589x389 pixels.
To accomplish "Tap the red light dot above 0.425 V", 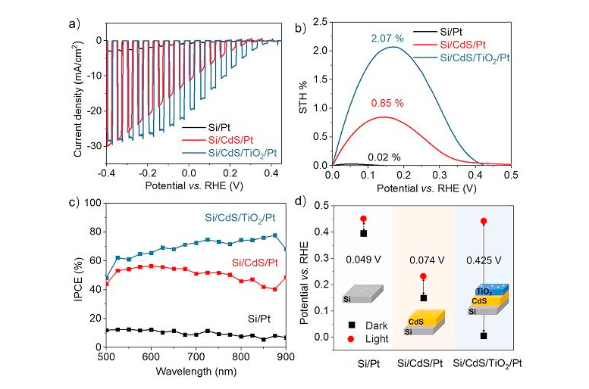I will tap(484, 222).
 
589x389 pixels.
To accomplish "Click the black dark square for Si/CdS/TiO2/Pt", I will tap(484, 335).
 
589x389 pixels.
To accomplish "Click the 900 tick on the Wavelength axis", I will tap(286, 356).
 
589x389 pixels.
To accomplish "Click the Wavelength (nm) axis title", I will tap(196, 372).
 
